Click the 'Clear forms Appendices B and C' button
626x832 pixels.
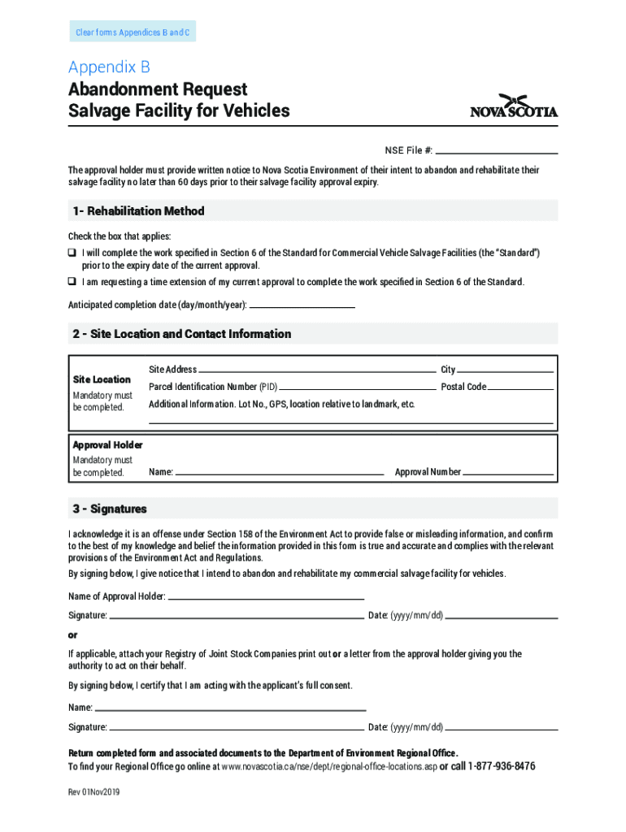coord(133,32)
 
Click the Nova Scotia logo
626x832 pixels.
coord(514,106)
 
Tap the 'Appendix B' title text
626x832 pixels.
coord(109,67)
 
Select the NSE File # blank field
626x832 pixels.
coord(497,151)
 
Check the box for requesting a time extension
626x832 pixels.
coord(72,282)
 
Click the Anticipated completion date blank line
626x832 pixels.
coord(302,305)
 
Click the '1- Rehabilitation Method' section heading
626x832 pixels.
coord(137,211)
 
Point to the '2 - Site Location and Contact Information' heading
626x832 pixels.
coord(181,334)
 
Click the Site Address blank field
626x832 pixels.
coord(317,370)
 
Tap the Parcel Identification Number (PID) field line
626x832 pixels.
coord(358,388)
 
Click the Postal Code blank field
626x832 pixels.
coord(520,388)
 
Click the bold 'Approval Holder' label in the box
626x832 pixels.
coord(107,445)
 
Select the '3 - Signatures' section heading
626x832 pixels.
coord(110,509)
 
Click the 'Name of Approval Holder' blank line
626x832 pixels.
coord(268,598)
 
